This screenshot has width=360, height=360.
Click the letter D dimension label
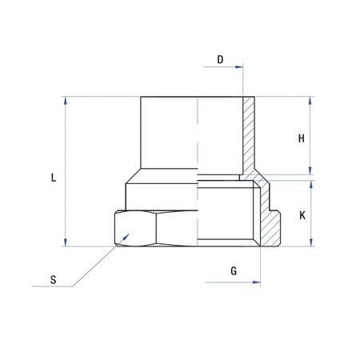pyautogui.click(x=220, y=60)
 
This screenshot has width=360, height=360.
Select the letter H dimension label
pyautogui.click(x=302, y=138)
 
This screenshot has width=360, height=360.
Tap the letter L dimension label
pyautogui.click(x=53, y=178)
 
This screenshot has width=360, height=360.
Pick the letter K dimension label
pyautogui.click(x=302, y=215)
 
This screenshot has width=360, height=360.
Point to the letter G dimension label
pyautogui.click(x=234, y=271)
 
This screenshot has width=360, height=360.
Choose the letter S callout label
pyautogui.click(x=53, y=279)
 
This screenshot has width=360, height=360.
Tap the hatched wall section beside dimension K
pyautogui.click(x=273, y=220)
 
